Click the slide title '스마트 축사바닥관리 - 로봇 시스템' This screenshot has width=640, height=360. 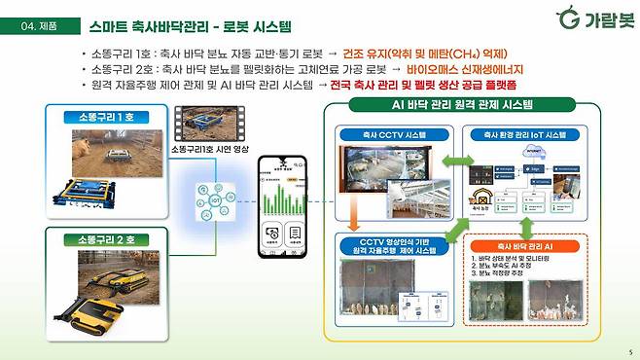[x=190, y=26]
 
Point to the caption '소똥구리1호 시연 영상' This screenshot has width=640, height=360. [x=208, y=150]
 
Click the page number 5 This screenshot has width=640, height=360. [x=629, y=352]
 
